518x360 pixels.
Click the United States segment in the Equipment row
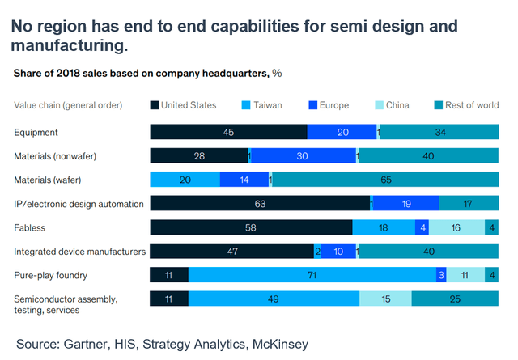click(x=228, y=132)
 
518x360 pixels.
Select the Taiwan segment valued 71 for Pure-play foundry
click(x=312, y=275)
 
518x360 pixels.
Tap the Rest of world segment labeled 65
click(x=386, y=180)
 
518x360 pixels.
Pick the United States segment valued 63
click(x=261, y=204)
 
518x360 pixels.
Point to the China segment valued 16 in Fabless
click(x=456, y=227)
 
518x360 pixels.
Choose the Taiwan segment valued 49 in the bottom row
click(x=274, y=299)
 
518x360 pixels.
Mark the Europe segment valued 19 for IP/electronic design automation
click(x=405, y=204)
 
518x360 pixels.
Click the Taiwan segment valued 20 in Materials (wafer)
click(x=185, y=180)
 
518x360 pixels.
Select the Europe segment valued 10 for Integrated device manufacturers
click(x=338, y=252)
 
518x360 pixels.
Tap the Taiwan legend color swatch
click(x=245, y=104)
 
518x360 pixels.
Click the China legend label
click(x=419, y=104)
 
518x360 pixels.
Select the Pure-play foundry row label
click(x=50, y=276)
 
